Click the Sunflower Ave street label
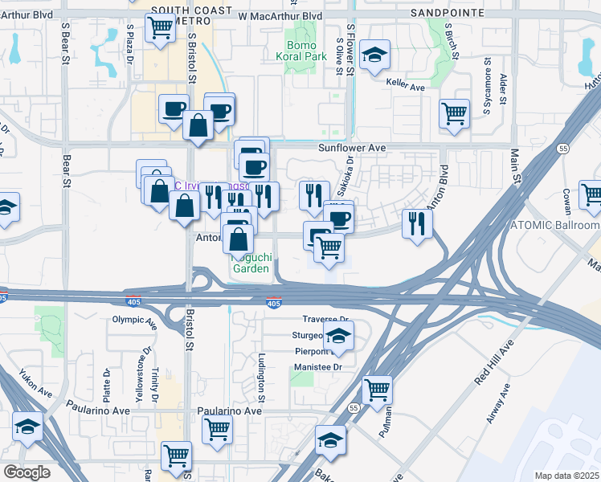(x=352, y=148)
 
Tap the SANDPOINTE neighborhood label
(x=448, y=14)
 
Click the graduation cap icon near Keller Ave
(x=374, y=55)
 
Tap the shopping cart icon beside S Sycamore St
(x=455, y=112)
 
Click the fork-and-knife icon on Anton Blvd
(x=416, y=223)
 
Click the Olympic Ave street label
(x=133, y=320)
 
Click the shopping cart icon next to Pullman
(x=377, y=391)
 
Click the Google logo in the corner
(x=26, y=472)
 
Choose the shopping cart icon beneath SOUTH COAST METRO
(x=160, y=28)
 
